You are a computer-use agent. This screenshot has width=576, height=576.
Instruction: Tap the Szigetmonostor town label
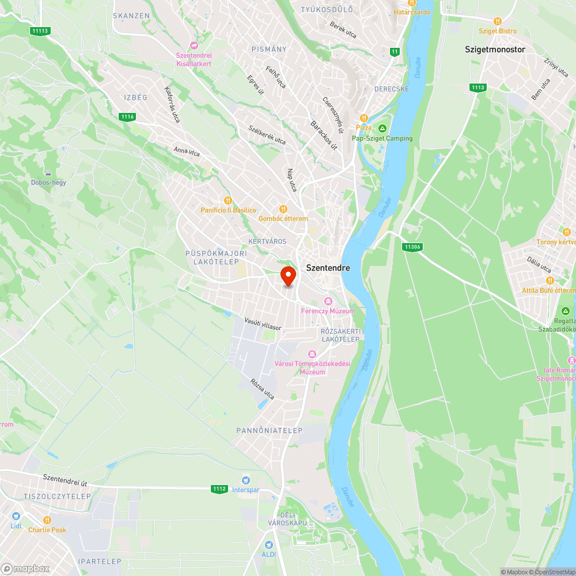tap(495, 50)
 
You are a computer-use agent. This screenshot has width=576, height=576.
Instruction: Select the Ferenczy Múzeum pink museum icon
tap(328, 301)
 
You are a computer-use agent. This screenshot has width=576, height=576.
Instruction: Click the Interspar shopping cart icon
tap(246, 480)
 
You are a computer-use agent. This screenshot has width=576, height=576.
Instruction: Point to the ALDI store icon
tap(268, 544)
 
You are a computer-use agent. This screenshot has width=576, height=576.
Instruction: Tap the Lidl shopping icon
tap(16, 516)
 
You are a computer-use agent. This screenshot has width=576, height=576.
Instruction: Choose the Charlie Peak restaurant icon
tap(47, 520)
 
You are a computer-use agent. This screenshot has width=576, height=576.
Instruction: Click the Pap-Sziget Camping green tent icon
tap(382, 128)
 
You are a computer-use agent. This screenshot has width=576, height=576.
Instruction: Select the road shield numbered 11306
tap(412, 247)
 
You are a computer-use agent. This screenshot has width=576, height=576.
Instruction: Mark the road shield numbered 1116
tap(128, 117)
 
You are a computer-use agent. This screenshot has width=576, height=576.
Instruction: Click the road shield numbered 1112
tap(219, 489)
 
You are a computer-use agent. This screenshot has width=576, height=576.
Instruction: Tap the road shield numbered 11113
tap(41, 31)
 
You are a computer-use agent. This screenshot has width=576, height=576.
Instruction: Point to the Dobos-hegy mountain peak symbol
tap(48, 173)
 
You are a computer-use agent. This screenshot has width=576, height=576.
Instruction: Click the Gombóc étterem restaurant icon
tap(283, 209)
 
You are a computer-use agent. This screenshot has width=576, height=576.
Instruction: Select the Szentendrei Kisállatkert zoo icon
tap(194, 46)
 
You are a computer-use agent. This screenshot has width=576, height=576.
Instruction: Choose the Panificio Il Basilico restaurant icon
tap(228, 200)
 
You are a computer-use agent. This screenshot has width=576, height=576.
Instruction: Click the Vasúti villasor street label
tap(263, 324)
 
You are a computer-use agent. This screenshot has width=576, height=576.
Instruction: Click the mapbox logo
tap(25, 568)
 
